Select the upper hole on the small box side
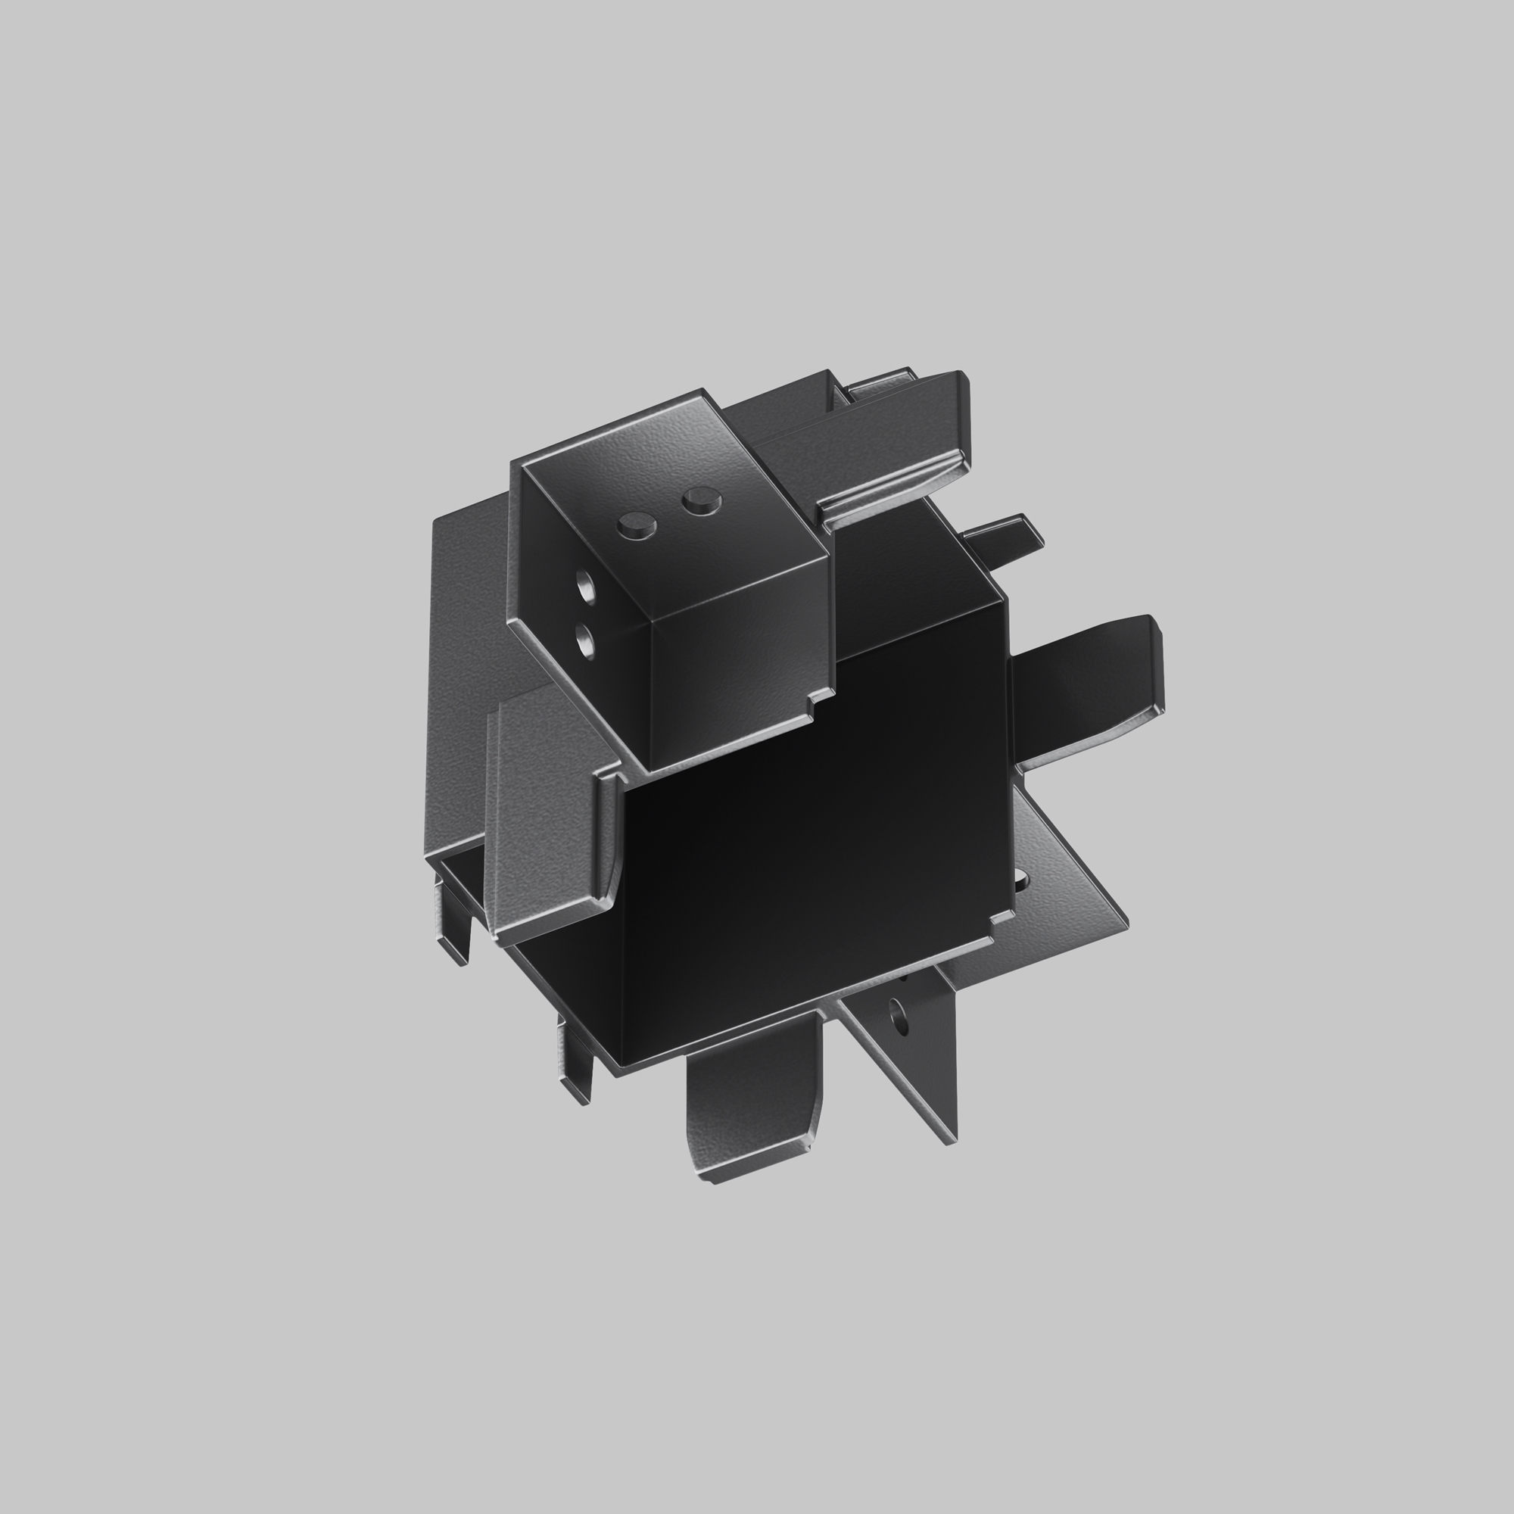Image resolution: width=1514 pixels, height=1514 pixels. [x=585, y=584]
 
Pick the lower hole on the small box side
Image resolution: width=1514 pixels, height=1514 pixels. [x=584, y=643]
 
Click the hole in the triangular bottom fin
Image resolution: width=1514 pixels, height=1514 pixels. [x=899, y=1020]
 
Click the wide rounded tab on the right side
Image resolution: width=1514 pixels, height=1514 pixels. [x=1089, y=690]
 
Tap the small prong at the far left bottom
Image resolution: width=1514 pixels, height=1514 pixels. [x=454, y=925]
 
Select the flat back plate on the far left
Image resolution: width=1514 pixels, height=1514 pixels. [x=463, y=666]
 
